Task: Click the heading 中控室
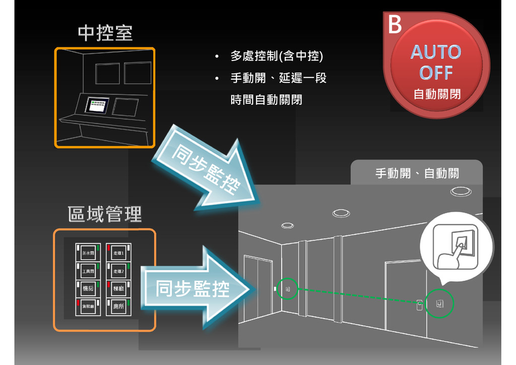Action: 105,33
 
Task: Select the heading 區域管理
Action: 105,214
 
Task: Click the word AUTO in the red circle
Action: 436,52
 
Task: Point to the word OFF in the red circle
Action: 436,73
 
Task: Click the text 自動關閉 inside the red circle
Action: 436,94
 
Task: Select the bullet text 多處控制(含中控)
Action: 277,56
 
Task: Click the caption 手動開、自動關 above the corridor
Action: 417,174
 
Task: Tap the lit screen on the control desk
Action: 97,105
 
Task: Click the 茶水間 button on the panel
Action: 88,253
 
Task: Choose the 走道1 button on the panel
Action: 118,253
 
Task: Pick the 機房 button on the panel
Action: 88,288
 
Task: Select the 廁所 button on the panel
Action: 118,306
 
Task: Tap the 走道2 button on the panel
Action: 118,271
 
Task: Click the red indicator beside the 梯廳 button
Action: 108,285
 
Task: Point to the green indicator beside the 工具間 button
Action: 98,266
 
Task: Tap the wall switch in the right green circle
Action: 440,303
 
